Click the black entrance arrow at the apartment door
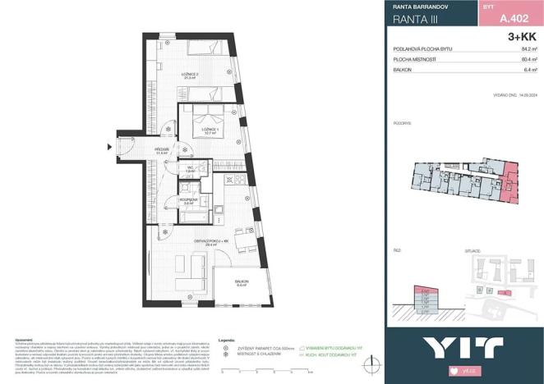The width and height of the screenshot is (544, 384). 109,147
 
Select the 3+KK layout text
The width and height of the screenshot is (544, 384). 523,37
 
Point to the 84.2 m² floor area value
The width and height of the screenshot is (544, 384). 529,49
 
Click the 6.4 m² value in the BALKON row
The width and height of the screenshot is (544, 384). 530,70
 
